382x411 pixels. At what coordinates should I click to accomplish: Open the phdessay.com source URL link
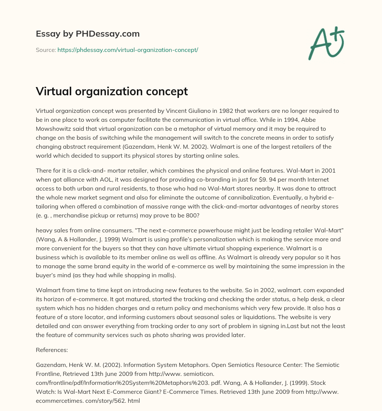tap(128, 50)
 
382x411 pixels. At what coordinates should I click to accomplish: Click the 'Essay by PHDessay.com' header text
tap(88, 34)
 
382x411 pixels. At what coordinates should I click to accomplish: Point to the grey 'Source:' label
tap(46, 50)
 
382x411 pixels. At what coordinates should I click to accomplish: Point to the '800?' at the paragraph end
tap(201, 215)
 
